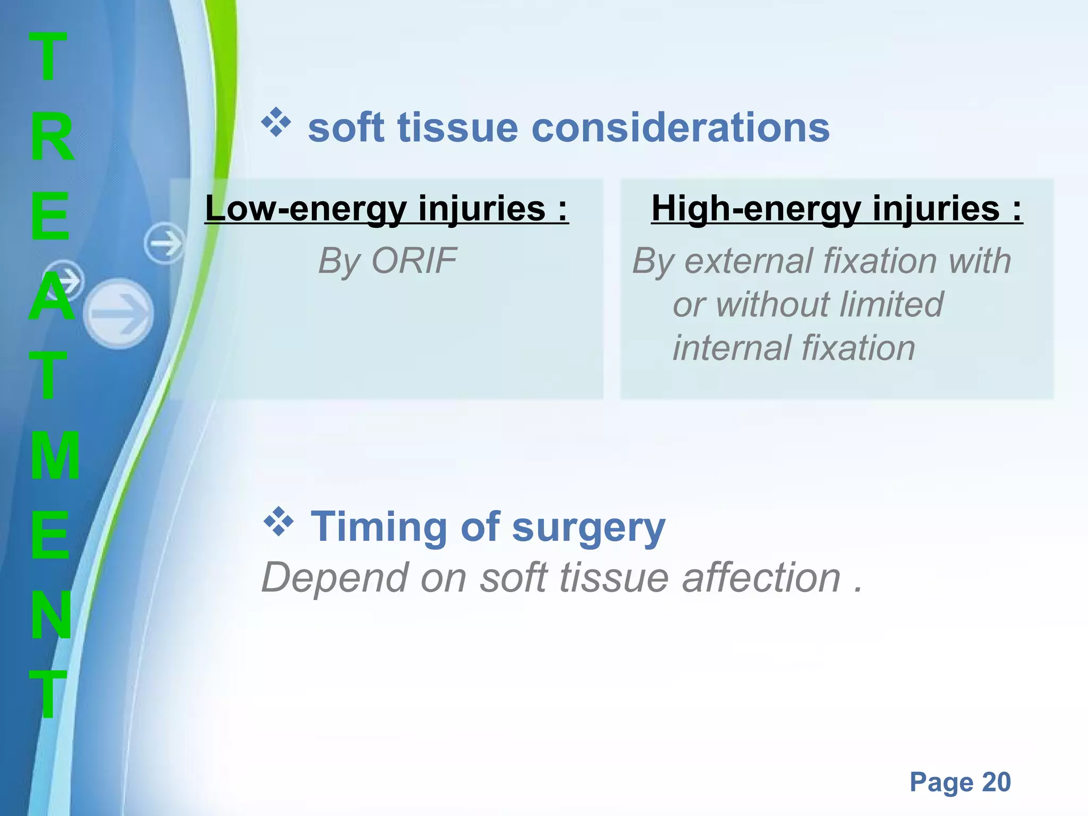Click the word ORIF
(414, 261)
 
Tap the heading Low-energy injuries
(386, 208)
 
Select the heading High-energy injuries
(836, 208)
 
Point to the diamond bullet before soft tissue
(276, 123)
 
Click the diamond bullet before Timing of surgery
(278, 522)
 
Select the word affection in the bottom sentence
(761, 578)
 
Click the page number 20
(996, 782)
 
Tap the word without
(773, 304)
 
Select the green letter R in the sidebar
(51, 137)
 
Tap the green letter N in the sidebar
(51, 615)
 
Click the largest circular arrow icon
(118, 313)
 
